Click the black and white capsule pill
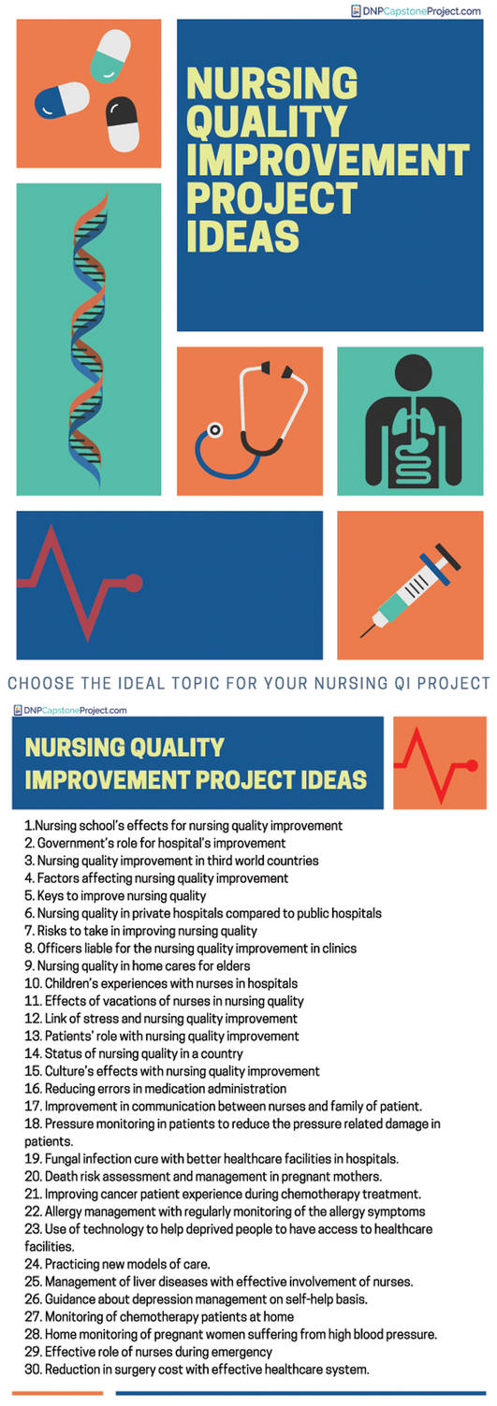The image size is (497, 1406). pos(122,123)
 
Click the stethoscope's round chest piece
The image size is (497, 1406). pos(215,432)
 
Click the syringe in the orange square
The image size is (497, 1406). pos(412,586)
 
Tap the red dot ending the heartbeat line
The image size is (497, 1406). pos(133,583)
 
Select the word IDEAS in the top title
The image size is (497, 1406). pos(242,236)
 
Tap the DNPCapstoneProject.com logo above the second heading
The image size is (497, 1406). pos(70,710)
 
